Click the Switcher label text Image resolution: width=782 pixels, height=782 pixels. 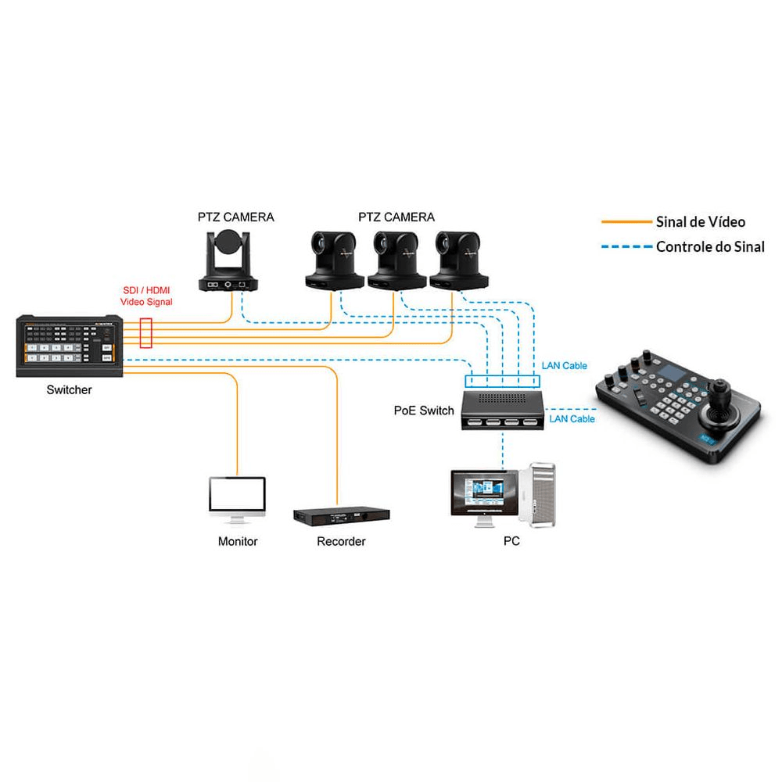coord(69,389)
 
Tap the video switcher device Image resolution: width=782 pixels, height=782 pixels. coord(69,346)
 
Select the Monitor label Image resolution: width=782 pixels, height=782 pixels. coord(238,541)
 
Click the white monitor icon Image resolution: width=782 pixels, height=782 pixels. coord(237,497)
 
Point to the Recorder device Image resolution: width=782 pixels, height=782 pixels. coord(341,517)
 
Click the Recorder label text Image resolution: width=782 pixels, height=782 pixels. coord(341,541)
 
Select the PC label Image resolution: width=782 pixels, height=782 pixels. coord(511,541)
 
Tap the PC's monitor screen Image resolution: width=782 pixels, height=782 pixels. coord(482,493)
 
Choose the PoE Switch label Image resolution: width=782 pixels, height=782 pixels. coord(424,411)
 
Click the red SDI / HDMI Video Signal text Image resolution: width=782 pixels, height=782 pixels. coord(146,296)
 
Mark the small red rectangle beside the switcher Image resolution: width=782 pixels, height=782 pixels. coord(145,332)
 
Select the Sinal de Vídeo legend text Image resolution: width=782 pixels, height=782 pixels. coord(700,222)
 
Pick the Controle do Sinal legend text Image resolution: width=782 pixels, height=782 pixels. coord(710,246)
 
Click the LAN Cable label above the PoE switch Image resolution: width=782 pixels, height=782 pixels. coord(564,366)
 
